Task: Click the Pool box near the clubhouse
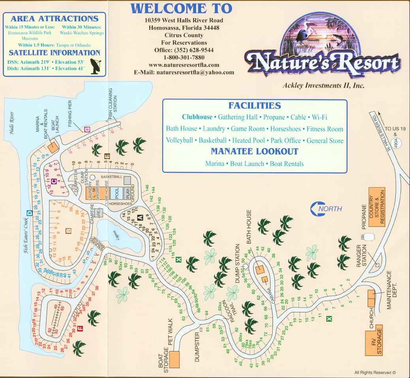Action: click(116, 193)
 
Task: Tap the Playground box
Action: click(127, 193)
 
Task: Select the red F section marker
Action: click(80, 328)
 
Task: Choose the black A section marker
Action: click(140, 217)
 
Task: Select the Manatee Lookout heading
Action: click(254, 151)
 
